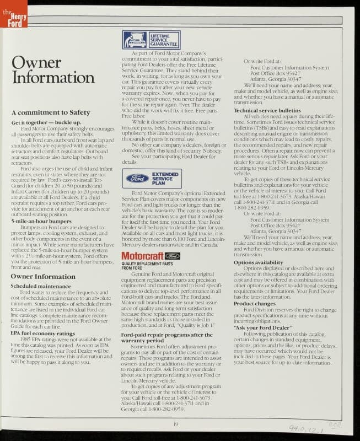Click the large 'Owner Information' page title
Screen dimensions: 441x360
(45, 69)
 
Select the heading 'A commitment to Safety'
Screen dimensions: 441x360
(50, 112)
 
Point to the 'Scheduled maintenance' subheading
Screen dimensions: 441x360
(40, 286)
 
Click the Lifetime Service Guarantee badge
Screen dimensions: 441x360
(151, 40)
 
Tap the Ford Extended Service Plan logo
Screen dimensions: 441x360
(151, 178)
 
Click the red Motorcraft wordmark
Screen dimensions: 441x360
(141, 256)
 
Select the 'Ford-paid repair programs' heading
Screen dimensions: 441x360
(166, 337)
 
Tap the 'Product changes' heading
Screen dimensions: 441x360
(254, 304)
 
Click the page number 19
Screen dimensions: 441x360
(176, 423)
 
